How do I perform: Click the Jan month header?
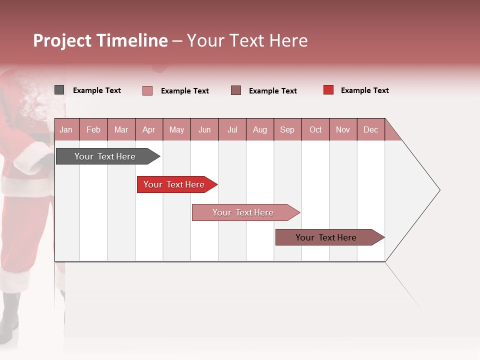coord(66,129)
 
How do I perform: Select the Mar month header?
coord(121,129)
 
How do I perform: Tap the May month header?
coord(176,129)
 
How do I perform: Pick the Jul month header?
coord(232,129)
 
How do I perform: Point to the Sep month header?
coord(287,129)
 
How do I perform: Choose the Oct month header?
coord(315,129)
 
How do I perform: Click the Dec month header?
coord(370,129)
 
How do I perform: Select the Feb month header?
coord(93,129)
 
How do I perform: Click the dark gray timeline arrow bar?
coord(105,156)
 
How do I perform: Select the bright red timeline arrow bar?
coord(174,184)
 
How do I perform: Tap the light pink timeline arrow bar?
coord(243,212)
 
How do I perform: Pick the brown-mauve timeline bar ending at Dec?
coord(326,237)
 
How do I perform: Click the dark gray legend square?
coord(59,90)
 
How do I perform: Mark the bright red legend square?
coord(328,90)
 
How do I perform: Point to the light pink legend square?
coord(147,90)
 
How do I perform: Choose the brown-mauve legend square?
coord(236,90)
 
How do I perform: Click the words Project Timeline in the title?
coord(100,40)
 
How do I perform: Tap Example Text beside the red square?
coord(364,90)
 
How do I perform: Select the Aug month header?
coord(259,129)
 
